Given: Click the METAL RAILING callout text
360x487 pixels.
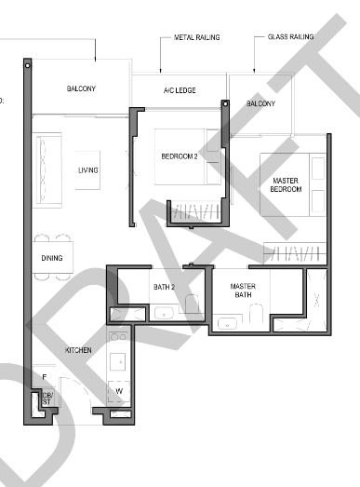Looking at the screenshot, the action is coord(197,37).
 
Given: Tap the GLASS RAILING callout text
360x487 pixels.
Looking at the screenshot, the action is coord(290,36).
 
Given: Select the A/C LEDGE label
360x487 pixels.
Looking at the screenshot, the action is coord(180,90).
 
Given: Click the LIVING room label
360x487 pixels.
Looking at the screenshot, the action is coord(88,170).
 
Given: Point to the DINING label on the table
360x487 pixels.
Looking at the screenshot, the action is coord(52,258).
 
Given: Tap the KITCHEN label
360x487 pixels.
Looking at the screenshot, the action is coord(78,350).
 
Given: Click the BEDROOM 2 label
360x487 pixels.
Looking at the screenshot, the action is coord(180,156).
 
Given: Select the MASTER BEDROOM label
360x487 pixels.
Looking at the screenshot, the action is coord(286,184).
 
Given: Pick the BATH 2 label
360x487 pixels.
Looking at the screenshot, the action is coord(164,287).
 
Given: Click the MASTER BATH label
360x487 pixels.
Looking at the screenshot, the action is coord(243,291).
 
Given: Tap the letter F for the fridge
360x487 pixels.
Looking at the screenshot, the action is coord(45,377).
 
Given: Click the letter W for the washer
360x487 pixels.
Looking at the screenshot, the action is coord(119,391).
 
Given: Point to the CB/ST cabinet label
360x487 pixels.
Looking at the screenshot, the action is coord(47,399).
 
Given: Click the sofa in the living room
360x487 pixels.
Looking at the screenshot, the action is coord(47,170).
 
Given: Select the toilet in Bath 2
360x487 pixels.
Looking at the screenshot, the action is coord(193,304).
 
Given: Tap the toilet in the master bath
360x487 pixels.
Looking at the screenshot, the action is coord(257,313).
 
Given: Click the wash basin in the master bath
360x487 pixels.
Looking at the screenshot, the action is coord(228,323).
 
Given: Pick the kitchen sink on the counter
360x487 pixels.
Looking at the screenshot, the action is coord(118,361).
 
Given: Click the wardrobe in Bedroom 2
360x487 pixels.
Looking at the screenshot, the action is coord(196,211).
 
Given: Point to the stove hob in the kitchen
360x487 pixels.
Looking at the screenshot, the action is coord(118,337).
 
